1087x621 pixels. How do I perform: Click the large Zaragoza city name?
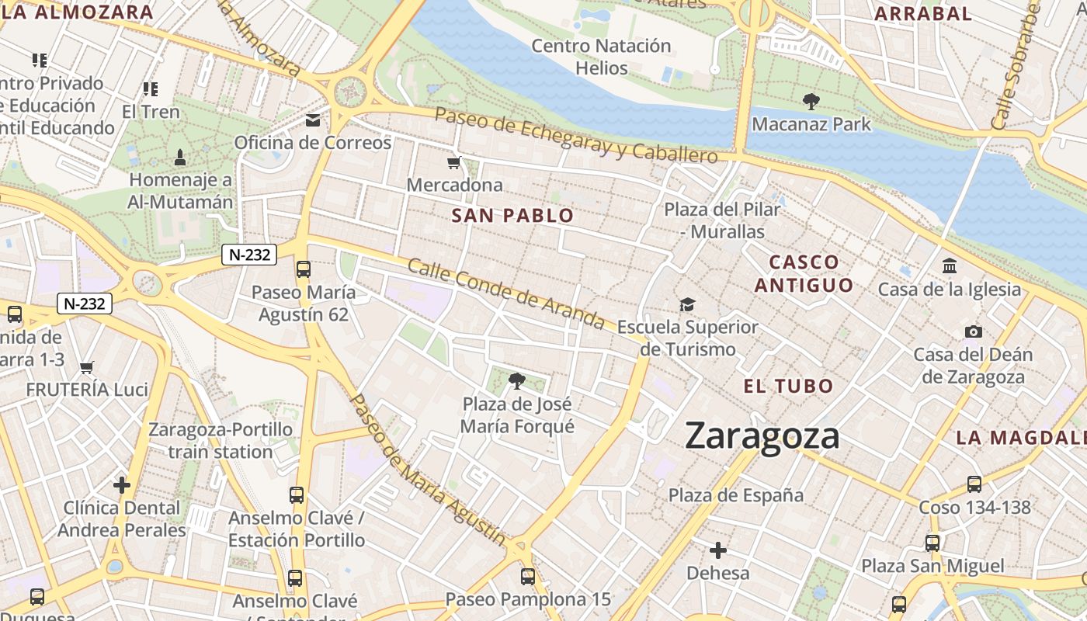click(762, 436)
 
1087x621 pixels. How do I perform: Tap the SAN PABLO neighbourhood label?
click(512, 216)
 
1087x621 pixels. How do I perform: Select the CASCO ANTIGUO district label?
click(804, 273)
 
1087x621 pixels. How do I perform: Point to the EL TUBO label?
click(788, 386)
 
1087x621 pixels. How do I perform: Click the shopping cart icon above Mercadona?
click(454, 163)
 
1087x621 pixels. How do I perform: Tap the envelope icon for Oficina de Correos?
click(313, 120)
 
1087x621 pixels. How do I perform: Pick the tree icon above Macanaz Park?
click(811, 101)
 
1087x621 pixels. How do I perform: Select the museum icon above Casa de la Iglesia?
click(949, 266)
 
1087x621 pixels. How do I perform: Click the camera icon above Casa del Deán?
click(973, 332)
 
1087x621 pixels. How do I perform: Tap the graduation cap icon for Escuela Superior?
click(687, 304)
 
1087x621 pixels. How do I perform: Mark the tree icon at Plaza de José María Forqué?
click(516, 380)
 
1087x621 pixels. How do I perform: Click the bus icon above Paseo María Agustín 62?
click(304, 269)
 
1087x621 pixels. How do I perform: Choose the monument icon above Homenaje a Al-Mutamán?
click(180, 158)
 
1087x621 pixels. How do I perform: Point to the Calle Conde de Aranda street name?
click(505, 293)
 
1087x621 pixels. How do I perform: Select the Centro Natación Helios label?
click(601, 57)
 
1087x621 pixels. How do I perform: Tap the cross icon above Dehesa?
click(718, 550)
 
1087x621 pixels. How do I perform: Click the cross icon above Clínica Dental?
click(122, 485)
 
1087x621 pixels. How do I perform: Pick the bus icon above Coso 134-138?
click(974, 484)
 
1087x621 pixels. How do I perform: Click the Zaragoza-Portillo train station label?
click(221, 440)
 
